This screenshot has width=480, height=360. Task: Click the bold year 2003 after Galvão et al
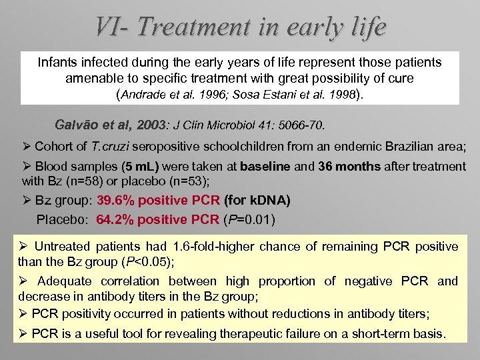(x=151, y=125)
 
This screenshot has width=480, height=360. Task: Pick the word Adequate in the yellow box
(x=61, y=281)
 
